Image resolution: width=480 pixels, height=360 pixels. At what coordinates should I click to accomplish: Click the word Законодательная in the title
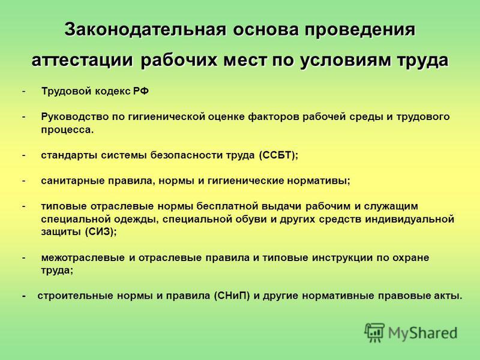tap(145, 29)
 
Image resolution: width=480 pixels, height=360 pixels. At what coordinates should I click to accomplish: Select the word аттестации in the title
tap(82, 59)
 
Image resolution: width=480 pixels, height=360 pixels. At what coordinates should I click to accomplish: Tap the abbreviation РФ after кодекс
tap(141, 91)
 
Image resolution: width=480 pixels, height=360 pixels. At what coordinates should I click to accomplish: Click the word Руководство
tap(74, 116)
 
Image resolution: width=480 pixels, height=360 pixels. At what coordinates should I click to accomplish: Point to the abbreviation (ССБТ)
tap(277, 155)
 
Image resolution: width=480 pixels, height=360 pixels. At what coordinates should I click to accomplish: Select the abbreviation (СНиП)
tap(232, 296)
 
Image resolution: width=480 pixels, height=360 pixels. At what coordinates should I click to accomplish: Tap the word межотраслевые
tap(83, 257)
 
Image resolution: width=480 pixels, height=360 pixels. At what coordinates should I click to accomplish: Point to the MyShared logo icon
tap(374, 332)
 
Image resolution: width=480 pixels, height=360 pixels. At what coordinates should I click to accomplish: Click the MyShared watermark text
tap(423, 333)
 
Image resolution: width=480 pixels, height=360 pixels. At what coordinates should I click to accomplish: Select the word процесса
tap(67, 130)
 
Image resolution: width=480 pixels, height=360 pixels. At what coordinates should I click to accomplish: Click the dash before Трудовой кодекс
tap(24, 92)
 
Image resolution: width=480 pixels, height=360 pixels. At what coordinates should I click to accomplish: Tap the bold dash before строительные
tap(24, 296)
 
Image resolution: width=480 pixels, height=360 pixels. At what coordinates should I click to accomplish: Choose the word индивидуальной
tap(410, 219)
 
